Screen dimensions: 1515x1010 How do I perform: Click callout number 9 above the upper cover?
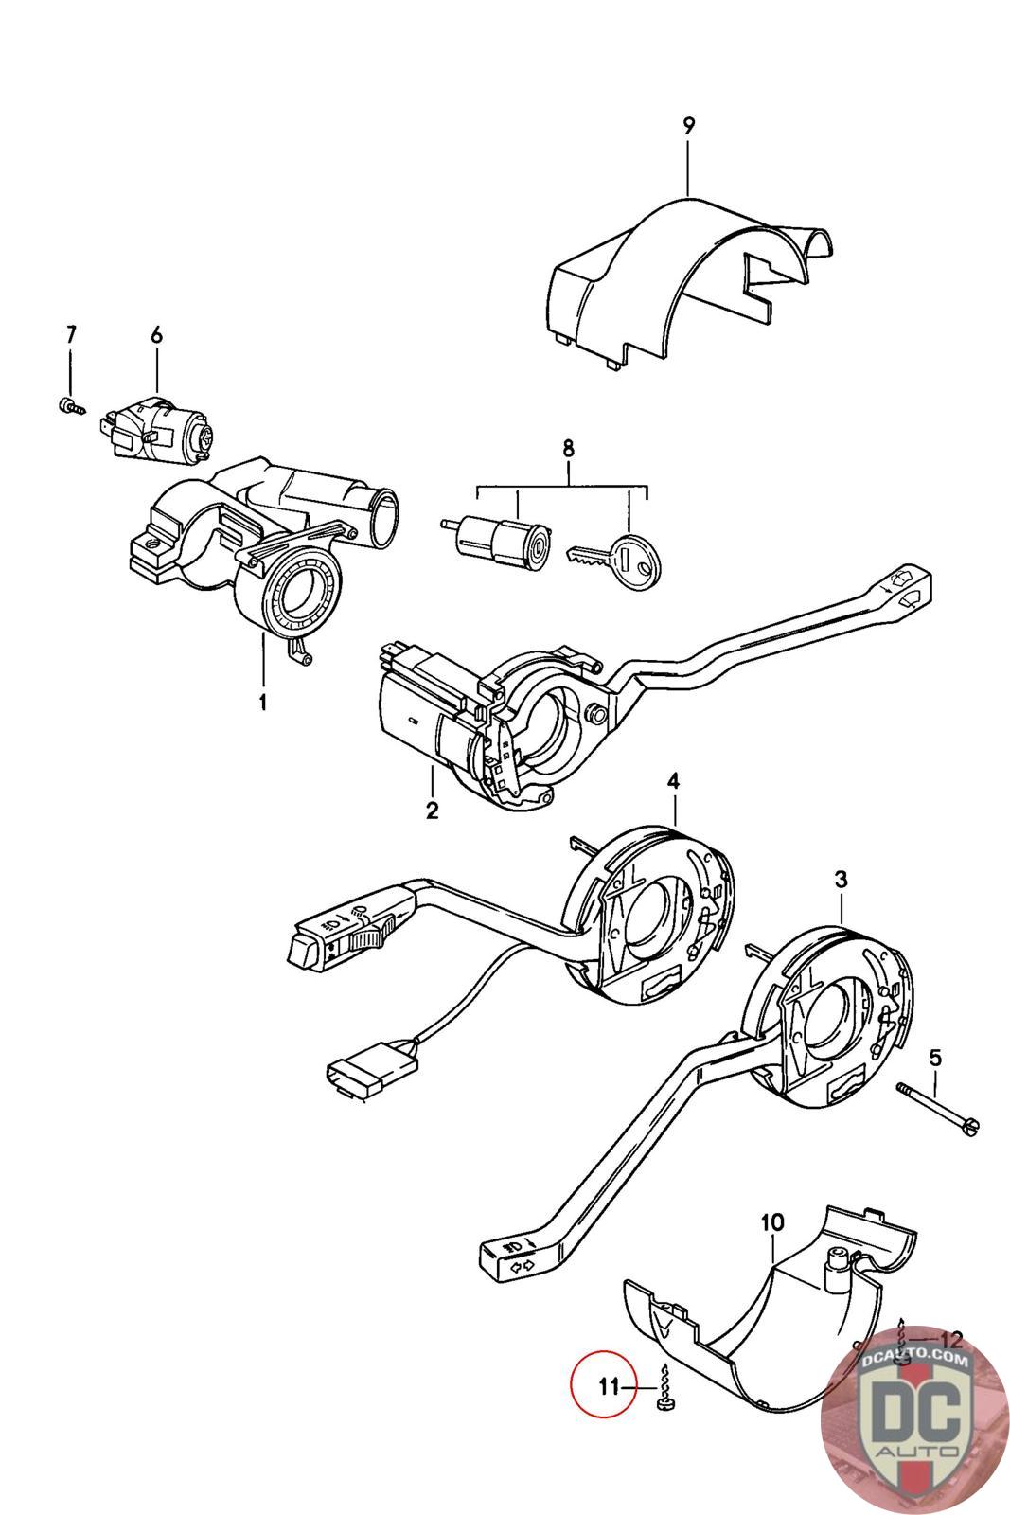point(688,124)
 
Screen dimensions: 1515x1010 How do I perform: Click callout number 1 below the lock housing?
point(262,703)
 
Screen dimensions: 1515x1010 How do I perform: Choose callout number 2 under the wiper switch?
point(432,811)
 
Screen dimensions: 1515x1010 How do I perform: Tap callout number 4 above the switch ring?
point(673,781)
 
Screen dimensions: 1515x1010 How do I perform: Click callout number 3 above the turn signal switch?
point(841,880)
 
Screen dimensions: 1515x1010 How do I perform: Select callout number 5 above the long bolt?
point(935,1057)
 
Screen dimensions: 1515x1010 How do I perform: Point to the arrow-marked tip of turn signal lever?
point(511,1257)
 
